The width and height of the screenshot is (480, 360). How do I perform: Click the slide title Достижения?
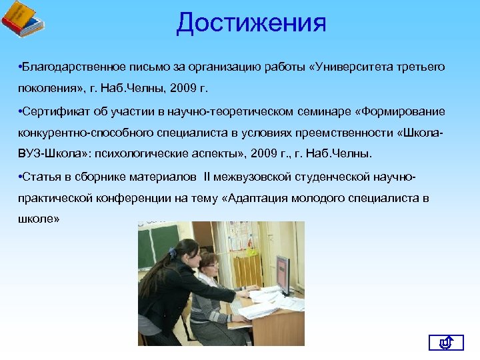point(251,23)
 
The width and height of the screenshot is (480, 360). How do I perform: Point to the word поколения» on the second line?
point(45,89)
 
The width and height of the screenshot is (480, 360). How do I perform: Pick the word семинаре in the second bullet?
point(325,111)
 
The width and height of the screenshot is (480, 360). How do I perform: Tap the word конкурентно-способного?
point(76,133)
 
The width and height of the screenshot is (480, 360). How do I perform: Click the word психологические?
point(139,155)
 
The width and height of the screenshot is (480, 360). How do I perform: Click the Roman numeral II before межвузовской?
point(207,177)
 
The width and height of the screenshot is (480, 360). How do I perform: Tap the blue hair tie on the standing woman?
point(173,252)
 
